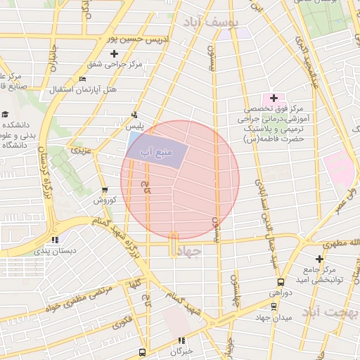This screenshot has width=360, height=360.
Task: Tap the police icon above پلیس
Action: click(x=134, y=115)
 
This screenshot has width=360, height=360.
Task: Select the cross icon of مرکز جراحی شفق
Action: click(x=115, y=53)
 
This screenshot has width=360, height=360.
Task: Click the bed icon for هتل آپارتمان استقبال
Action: click(x=82, y=79)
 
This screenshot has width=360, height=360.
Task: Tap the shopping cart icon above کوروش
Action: click(x=105, y=190)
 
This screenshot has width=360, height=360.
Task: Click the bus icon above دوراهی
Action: click(x=281, y=281)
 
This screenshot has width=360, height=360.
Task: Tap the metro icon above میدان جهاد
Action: click(x=274, y=306)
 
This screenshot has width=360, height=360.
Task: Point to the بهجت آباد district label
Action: click(x=335, y=312)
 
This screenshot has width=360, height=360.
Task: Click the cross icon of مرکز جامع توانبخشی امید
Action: click(x=320, y=259)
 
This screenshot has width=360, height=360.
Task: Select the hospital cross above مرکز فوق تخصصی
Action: click(x=274, y=97)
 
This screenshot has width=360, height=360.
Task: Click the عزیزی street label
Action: click(x=79, y=150)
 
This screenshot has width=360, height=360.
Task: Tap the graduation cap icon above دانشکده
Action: click(x=6, y=114)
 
